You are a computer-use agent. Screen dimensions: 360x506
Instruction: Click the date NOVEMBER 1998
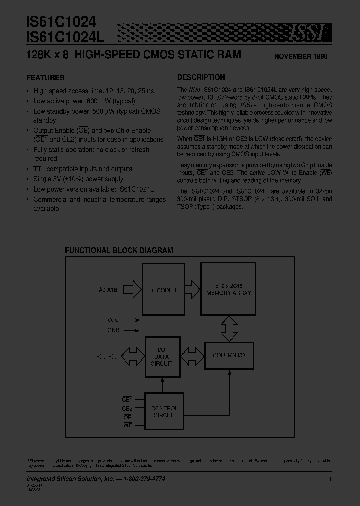(x=301, y=56)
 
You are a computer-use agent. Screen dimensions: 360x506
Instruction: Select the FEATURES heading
(x=45, y=78)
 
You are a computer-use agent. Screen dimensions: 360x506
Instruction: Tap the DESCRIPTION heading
(x=201, y=77)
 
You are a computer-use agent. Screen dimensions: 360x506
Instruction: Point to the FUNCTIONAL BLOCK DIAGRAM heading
(x=120, y=250)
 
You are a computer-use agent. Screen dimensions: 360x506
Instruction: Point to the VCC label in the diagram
(x=113, y=320)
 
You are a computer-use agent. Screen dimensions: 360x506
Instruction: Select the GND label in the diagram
(x=113, y=330)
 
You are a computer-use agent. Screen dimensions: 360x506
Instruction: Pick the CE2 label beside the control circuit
(x=127, y=408)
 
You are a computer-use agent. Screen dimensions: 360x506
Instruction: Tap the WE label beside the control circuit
(x=127, y=425)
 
